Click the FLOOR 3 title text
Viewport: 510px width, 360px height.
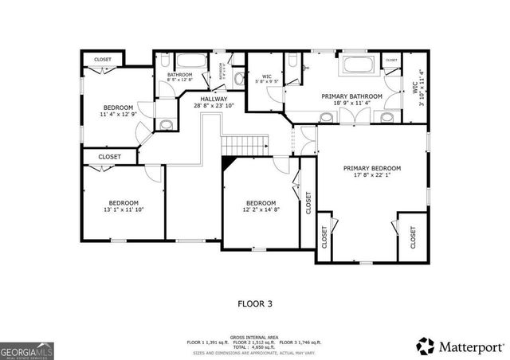254,303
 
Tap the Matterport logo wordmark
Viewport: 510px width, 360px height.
461,346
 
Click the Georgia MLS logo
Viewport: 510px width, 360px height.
25,350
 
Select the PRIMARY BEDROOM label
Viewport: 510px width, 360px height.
371,169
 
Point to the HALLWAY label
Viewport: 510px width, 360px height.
214,99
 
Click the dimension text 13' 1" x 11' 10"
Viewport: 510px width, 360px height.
124,210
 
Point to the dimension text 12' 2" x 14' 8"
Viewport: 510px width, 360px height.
261,210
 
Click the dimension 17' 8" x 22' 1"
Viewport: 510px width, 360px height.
371,176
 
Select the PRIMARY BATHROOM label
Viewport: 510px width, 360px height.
351,96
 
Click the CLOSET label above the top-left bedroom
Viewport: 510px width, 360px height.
103,60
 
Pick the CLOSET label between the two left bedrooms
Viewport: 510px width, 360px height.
110,157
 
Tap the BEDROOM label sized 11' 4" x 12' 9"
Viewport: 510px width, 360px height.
119,108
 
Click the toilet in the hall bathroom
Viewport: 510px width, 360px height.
164,61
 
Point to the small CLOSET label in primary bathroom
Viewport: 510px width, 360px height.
390,60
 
